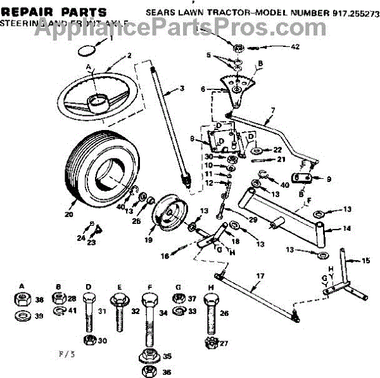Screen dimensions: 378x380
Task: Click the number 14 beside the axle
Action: [x=346, y=228]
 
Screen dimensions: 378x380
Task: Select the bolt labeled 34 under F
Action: [x=147, y=323]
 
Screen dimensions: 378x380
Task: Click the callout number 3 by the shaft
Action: [x=182, y=88]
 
